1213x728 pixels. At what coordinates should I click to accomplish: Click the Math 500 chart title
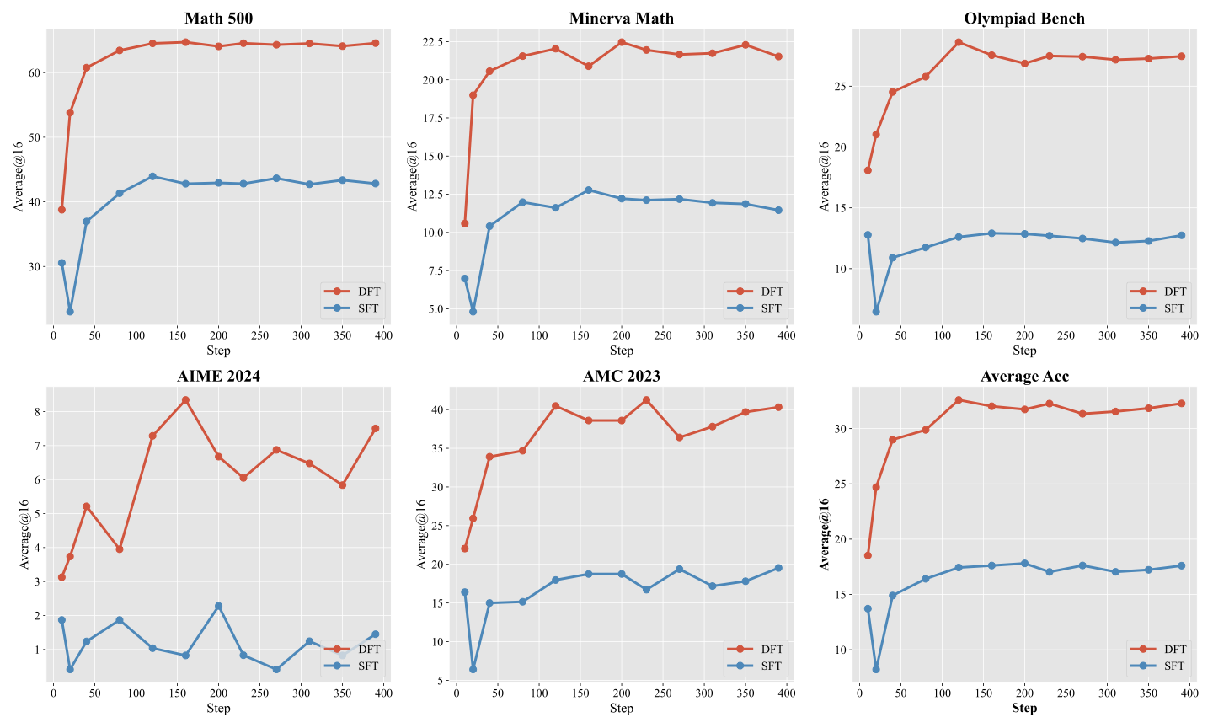click(218, 19)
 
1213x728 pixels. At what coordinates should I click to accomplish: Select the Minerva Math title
click(621, 19)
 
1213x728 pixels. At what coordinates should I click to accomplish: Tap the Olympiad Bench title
click(1024, 19)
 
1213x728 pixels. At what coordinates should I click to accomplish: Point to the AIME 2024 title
click(218, 376)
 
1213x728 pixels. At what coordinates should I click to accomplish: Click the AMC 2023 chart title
click(621, 376)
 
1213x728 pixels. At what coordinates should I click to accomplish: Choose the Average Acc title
click(1024, 377)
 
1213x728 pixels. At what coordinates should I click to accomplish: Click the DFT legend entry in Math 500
click(352, 292)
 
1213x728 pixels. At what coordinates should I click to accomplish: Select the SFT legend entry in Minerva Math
click(756, 308)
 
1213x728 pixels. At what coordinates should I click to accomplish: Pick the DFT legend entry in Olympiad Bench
click(1158, 292)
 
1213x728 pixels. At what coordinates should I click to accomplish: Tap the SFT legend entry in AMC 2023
click(756, 666)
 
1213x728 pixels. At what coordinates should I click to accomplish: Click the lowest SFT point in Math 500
click(70, 312)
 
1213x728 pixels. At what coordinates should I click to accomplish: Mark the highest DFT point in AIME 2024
click(185, 399)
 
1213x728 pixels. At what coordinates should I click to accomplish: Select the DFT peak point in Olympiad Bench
click(959, 42)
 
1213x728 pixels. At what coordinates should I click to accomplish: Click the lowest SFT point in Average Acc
click(876, 670)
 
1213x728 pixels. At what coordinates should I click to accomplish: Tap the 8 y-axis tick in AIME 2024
click(37, 412)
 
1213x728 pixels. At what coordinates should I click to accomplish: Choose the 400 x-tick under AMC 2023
click(786, 693)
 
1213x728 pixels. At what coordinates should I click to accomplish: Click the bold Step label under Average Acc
click(1024, 708)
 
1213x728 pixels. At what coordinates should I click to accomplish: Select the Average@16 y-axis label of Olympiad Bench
click(824, 177)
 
